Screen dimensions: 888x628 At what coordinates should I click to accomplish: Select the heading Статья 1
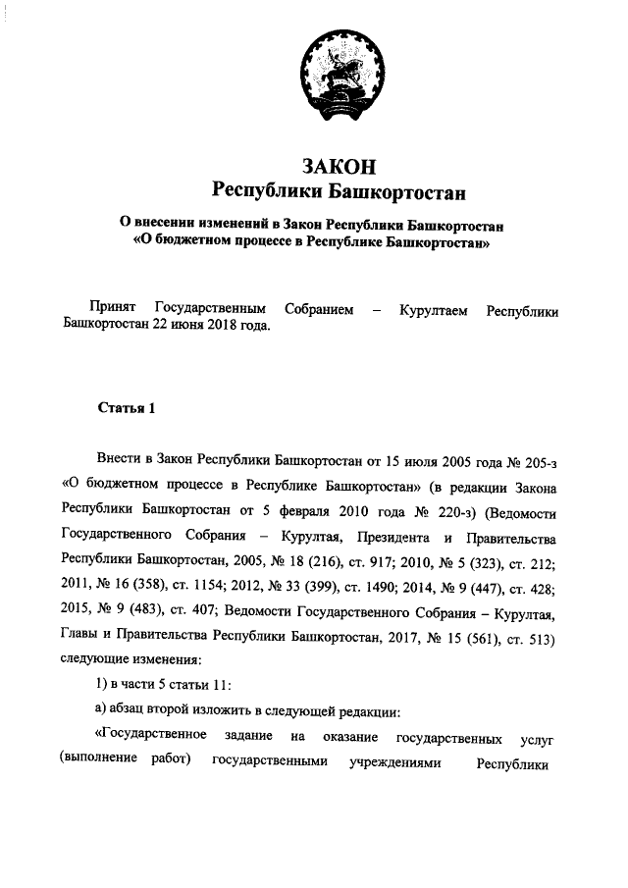(x=127, y=408)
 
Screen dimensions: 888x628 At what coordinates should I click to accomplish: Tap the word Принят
(x=111, y=310)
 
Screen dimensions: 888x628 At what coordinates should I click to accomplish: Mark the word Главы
(x=78, y=640)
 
